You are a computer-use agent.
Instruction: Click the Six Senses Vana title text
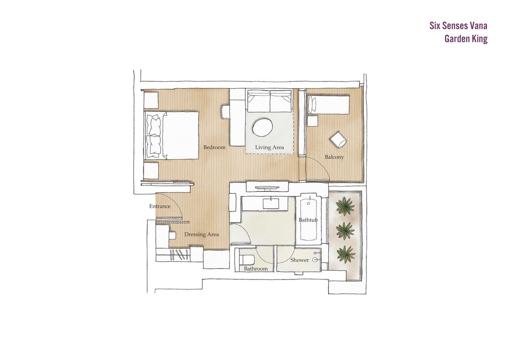click(x=458, y=26)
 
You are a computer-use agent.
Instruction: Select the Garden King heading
click(x=466, y=39)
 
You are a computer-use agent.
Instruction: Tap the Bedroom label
click(x=214, y=147)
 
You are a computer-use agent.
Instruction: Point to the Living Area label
click(x=269, y=148)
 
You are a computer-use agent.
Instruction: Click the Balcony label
click(x=334, y=157)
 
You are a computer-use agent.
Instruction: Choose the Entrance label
click(x=160, y=206)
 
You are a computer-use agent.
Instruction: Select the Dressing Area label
click(x=201, y=234)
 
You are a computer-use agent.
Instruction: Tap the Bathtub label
click(x=308, y=220)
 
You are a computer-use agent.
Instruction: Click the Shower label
click(x=299, y=260)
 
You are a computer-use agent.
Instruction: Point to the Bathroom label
click(x=256, y=269)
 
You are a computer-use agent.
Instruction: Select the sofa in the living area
click(x=269, y=100)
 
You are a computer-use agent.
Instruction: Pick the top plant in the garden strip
click(x=345, y=206)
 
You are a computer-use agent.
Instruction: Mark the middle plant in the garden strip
click(x=345, y=230)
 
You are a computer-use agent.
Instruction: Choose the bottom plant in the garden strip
click(x=346, y=254)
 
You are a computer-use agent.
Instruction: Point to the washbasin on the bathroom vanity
click(x=271, y=203)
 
